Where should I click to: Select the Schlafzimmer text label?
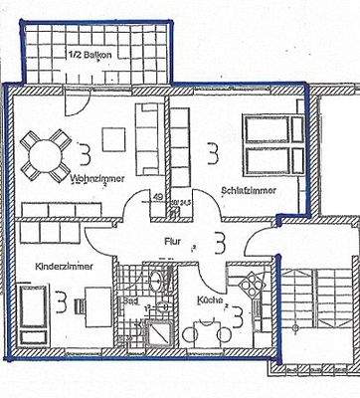click(x=248, y=188)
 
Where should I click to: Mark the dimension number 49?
click(x=158, y=197)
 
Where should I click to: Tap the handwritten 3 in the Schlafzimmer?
click(x=212, y=153)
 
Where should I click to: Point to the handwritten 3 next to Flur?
click(x=219, y=241)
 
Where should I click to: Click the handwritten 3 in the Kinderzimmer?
click(x=62, y=298)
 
